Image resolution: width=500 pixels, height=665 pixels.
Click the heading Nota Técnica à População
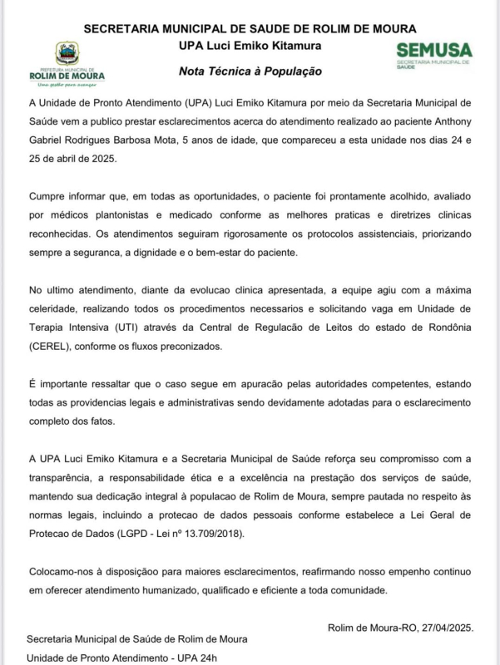[250, 72]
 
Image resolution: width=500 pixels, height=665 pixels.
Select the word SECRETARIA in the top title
[126, 28]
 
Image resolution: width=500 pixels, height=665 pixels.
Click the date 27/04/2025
[443, 628]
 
